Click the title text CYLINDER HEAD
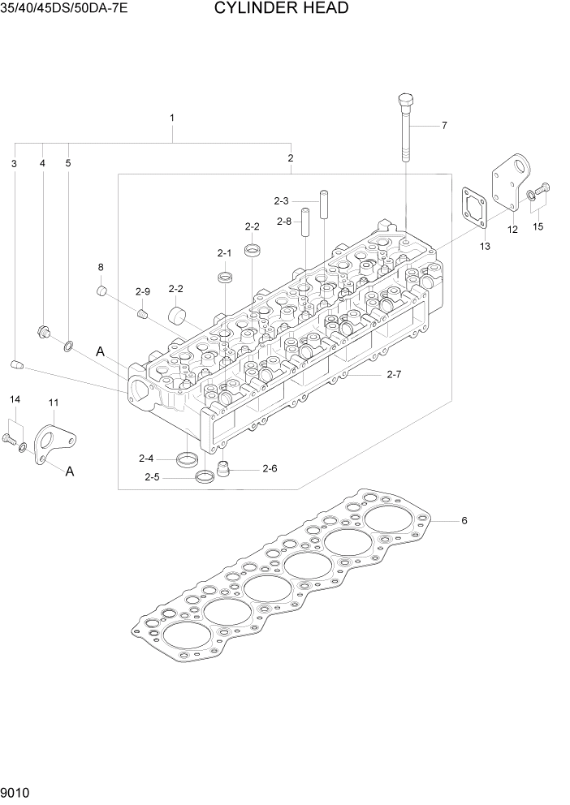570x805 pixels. [282, 9]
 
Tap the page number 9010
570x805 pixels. [16, 791]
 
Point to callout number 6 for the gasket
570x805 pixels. [464, 521]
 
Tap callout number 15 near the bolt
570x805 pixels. [538, 226]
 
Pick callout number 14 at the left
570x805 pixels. [14, 399]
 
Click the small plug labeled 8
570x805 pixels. [102, 291]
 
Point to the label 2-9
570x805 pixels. [143, 291]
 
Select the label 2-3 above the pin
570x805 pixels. [282, 200]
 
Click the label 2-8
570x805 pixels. [283, 222]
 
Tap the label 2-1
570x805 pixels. [224, 253]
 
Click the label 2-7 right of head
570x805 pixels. [395, 374]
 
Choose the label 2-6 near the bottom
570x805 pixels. [270, 468]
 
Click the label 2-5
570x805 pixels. [152, 477]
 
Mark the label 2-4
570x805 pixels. [147, 458]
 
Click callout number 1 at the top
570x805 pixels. [172, 118]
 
